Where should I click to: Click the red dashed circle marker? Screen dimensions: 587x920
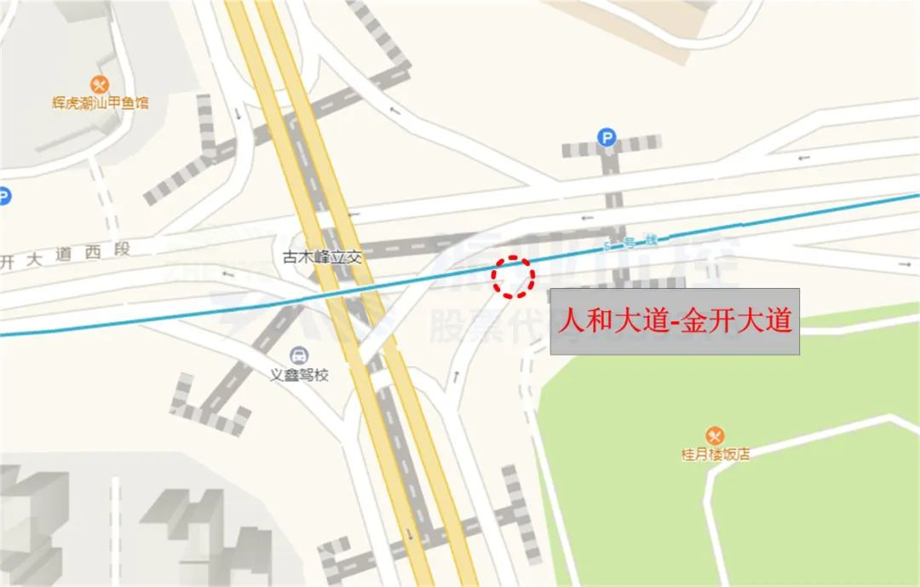click(x=514, y=277)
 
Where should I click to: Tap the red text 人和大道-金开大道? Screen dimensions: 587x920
click(x=675, y=321)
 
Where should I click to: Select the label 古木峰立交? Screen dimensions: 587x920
click(x=322, y=256)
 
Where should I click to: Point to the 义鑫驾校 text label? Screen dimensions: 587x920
click(x=300, y=375)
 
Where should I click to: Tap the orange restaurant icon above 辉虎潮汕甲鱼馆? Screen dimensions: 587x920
click(x=100, y=83)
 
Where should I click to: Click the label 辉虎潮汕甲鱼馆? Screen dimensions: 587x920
click(x=100, y=104)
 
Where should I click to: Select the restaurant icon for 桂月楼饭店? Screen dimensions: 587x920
click(x=715, y=435)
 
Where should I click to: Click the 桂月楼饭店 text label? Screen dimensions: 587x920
click(x=715, y=455)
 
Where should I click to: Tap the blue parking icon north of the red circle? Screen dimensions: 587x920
click(x=607, y=136)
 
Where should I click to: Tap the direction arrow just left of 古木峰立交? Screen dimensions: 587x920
click(x=227, y=274)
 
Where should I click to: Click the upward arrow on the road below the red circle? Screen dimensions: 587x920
click(x=457, y=375)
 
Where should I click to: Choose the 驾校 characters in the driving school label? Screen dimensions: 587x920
click(x=314, y=375)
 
